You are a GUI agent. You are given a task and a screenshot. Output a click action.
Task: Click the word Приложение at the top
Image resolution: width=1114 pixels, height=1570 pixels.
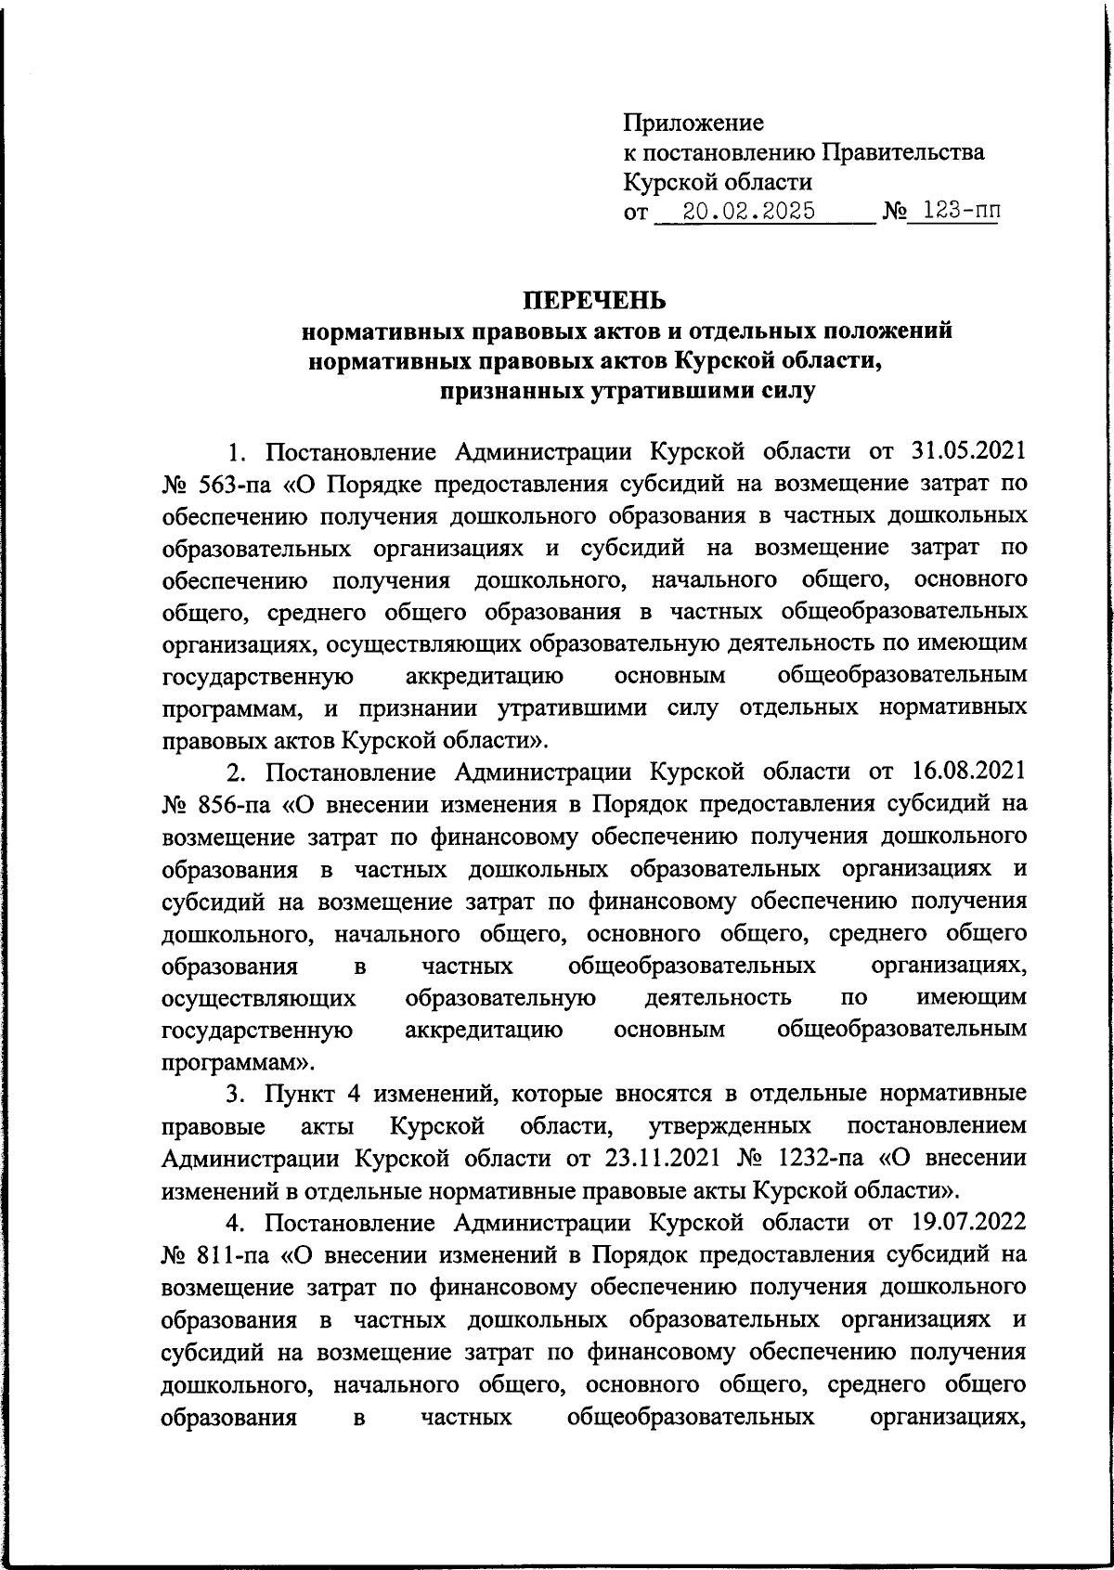tap(693, 122)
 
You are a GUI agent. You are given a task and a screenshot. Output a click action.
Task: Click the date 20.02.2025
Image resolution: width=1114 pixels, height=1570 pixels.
tap(748, 213)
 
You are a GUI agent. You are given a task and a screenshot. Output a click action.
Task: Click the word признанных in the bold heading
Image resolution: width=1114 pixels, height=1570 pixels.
tap(510, 392)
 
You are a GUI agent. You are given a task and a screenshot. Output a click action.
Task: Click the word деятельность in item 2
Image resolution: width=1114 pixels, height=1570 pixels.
tap(718, 998)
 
